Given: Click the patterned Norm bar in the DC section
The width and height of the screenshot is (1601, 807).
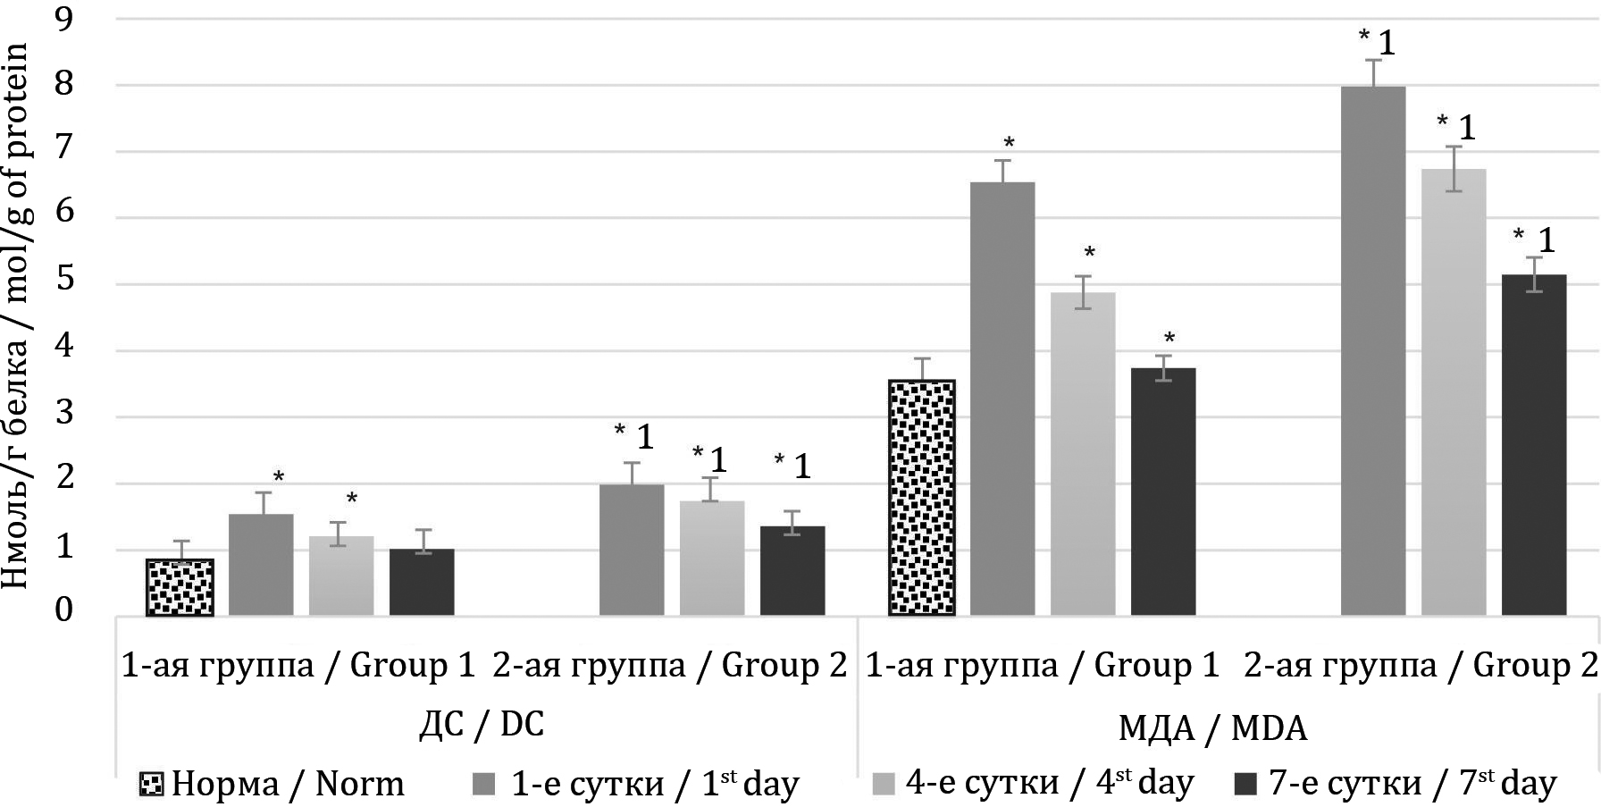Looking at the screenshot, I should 180,587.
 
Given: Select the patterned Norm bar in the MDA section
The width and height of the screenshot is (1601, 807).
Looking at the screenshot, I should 922,498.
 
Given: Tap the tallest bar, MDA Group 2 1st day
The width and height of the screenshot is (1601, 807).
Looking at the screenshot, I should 1373,350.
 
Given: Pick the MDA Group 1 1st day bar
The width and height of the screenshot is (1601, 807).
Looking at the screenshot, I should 1002,399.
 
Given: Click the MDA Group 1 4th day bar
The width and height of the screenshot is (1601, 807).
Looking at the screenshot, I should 1083,453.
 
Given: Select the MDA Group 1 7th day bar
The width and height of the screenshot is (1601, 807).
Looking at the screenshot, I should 1163,492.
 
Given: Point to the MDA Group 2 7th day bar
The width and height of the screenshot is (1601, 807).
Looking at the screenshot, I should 1534,444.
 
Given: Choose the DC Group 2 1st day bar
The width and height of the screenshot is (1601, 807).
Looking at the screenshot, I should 632,550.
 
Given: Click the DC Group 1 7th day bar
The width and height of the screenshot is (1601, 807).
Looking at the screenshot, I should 422,582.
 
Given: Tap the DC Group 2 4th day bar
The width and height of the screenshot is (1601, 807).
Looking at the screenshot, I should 712,558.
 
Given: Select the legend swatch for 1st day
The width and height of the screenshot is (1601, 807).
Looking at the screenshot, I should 483,785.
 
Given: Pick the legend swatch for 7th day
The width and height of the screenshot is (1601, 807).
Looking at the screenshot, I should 1245,785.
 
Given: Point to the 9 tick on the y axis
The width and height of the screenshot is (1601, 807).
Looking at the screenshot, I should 64,20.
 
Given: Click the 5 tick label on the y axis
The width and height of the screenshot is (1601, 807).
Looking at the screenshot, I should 64,284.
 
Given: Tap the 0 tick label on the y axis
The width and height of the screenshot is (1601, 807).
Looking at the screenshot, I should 64,611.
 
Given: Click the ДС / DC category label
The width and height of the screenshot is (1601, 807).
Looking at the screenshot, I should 482,724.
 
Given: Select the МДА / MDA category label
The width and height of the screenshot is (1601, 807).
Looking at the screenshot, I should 1212,728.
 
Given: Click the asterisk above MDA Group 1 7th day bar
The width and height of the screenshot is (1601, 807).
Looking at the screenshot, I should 1169,339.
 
